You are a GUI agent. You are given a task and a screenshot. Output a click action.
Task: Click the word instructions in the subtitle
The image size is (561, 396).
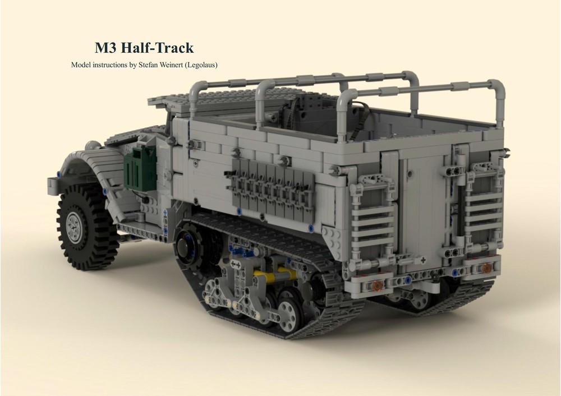[109, 65]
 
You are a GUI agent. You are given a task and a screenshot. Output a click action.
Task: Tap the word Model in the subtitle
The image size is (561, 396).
[81, 65]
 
